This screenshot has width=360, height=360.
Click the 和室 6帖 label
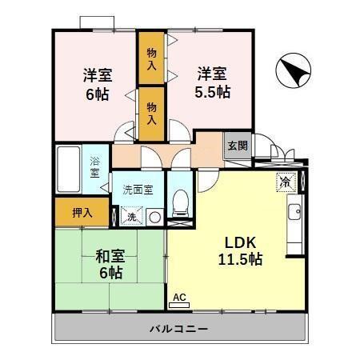(109, 265)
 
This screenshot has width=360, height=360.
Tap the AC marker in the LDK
(179, 298)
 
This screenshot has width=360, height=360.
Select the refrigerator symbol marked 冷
(285, 182)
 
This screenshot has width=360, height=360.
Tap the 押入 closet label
(82, 213)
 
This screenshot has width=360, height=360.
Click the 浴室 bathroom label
(95, 166)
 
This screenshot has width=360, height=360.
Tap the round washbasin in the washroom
(154, 217)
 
